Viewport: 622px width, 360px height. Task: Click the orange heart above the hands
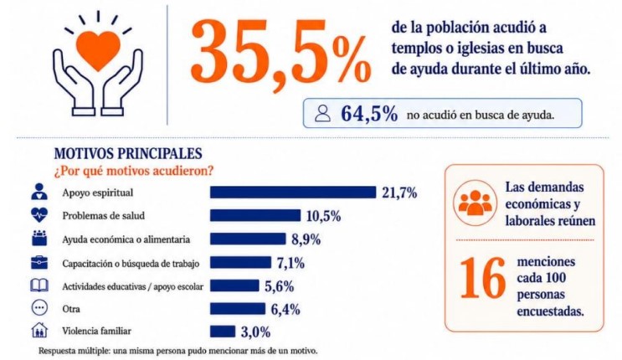(x=98, y=49)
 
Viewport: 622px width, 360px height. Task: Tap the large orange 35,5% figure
(x=280, y=52)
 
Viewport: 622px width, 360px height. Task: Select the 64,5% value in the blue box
(x=369, y=114)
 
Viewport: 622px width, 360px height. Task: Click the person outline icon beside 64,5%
(x=322, y=114)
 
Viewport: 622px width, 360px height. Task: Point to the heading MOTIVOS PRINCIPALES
(x=128, y=153)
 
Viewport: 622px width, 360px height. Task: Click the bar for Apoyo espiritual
(x=293, y=192)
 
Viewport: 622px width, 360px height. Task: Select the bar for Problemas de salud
(x=255, y=215)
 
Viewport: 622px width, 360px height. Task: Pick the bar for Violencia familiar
(x=223, y=332)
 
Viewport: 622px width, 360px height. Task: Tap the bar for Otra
(x=238, y=308)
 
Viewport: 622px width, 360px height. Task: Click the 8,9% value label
(x=306, y=239)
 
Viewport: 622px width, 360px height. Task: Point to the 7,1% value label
(x=290, y=263)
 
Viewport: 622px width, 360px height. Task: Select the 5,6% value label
(x=280, y=286)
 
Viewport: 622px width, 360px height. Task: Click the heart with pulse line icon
(x=39, y=214)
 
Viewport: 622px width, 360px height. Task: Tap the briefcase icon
(x=39, y=263)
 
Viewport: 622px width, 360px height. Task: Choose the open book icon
(x=39, y=285)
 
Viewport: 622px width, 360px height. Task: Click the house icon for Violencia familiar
(x=39, y=330)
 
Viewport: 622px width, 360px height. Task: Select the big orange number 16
(x=483, y=278)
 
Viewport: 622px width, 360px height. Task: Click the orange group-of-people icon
(x=475, y=203)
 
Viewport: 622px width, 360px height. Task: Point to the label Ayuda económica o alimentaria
(x=126, y=239)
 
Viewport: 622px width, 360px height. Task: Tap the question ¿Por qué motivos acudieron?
(x=134, y=171)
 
